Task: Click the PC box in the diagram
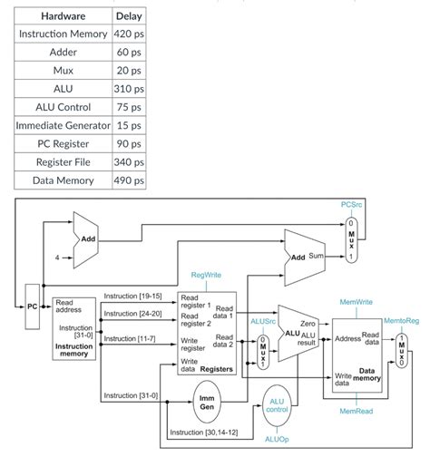(32, 306)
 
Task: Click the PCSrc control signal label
(353, 206)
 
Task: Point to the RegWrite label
(206, 273)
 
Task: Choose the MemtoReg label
(401, 321)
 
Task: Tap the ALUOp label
(276, 438)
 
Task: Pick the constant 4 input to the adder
(56, 258)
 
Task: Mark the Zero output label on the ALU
(308, 322)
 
